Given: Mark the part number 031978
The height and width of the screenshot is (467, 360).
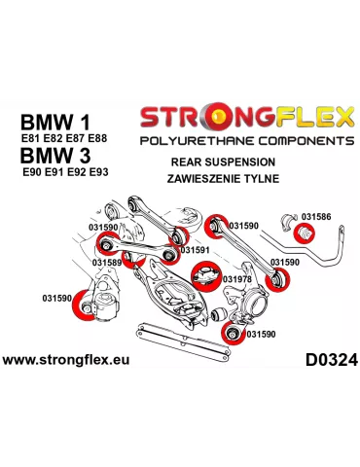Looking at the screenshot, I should (x=236, y=279).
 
